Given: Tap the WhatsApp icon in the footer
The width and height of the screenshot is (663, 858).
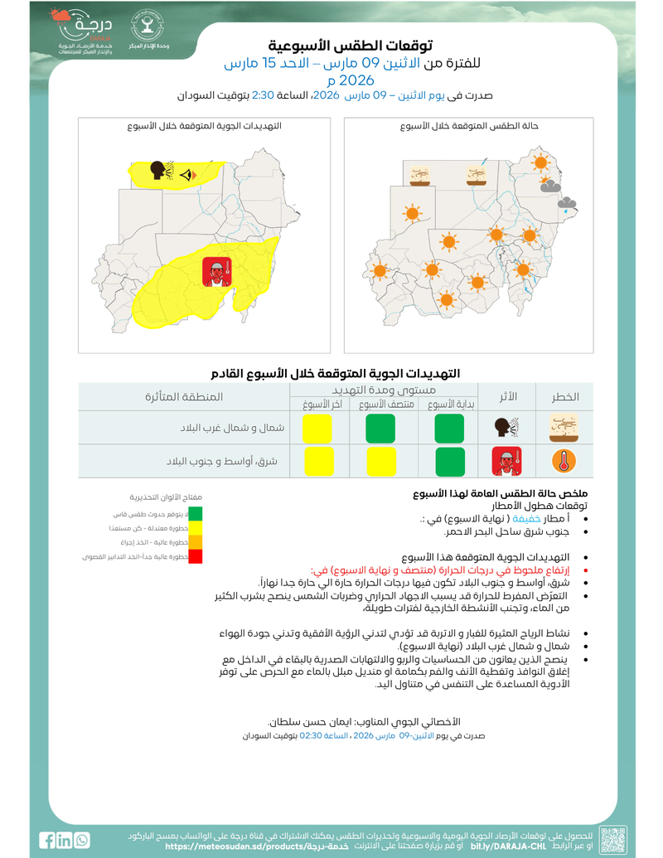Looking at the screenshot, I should (x=81, y=840).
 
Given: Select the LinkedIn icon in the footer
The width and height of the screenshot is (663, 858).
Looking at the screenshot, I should (x=65, y=840).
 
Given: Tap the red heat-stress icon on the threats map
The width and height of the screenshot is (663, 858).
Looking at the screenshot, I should (x=216, y=272).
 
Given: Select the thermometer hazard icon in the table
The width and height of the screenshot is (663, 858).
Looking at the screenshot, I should (x=563, y=461).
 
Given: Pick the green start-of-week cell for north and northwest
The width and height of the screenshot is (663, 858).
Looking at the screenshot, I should (x=450, y=428).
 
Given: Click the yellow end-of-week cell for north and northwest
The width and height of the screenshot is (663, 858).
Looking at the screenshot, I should (x=317, y=428).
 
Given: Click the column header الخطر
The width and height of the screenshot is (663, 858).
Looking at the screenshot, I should (x=565, y=397).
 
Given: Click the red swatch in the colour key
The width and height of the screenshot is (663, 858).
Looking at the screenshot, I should (x=196, y=556).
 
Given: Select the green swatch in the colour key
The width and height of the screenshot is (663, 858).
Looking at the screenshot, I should (x=196, y=514).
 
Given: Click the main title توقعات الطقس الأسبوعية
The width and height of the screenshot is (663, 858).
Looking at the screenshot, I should (x=352, y=46).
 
